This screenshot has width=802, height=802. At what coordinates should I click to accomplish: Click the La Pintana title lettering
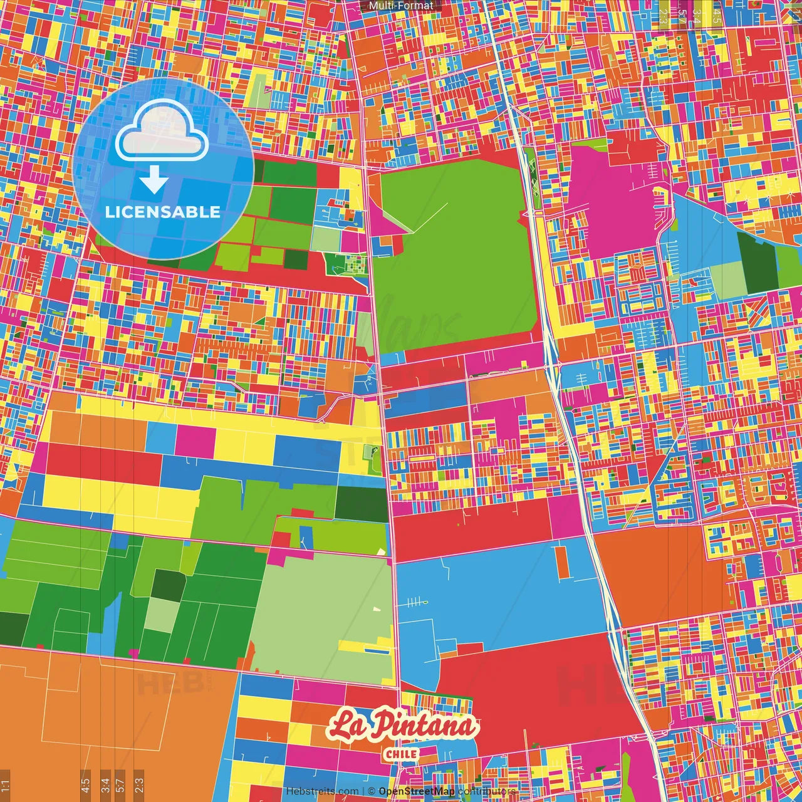[402, 726]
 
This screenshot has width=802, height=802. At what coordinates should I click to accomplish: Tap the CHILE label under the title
[402, 754]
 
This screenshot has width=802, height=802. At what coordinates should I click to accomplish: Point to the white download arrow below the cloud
[154, 181]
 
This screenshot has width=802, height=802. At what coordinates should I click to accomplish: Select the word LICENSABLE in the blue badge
[162, 212]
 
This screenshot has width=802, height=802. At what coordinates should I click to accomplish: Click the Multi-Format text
[401, 6]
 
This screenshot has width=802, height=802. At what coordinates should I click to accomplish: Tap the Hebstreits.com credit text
[322, 791]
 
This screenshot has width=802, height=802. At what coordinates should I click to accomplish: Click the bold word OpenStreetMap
[417, 791]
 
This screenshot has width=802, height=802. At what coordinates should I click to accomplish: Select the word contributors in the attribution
[487, 791]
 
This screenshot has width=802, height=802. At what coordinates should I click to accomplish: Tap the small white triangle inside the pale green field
[376, 608]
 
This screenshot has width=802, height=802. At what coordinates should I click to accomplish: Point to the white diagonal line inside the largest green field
[429, 217]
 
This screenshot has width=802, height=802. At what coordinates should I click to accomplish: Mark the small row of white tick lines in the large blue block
[415, 603]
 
